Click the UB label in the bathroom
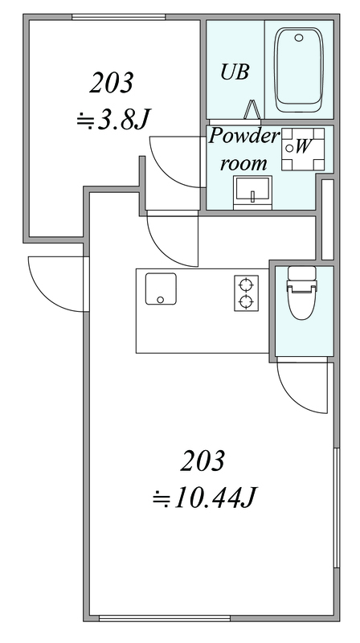coord(235,72)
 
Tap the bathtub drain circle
coord(299,38)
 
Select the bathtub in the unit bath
coord(299,70)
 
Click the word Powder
coord(243,137)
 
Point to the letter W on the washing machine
coord(303,146)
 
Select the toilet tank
coord(302,273)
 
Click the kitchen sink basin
coord(162,289)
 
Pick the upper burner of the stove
coord(246,285)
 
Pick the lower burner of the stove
coord(246,302)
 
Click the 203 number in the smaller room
coord(112,83)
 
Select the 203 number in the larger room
coord(202,461)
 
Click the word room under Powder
coord(244,164)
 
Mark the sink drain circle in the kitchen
coord(162,299)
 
